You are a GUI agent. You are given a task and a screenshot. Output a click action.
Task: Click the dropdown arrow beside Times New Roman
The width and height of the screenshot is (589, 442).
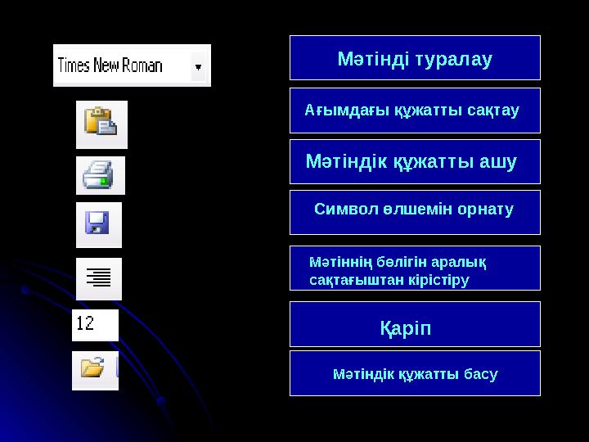198,65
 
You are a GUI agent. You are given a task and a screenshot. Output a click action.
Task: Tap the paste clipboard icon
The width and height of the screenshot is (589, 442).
101,124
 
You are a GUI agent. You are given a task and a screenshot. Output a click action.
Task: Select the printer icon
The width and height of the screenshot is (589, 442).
100,175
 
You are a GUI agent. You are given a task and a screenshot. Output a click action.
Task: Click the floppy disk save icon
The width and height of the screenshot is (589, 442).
98,224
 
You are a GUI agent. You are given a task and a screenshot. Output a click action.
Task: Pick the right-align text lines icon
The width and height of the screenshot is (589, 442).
99,278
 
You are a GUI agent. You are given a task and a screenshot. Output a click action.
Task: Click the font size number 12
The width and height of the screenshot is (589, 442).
85,324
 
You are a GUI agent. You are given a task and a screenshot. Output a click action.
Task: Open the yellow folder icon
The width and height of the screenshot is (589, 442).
92,369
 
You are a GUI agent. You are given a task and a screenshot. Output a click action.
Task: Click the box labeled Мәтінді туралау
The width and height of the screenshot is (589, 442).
415,58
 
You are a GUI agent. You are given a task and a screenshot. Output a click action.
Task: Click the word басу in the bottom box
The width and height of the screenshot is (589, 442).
480,375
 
